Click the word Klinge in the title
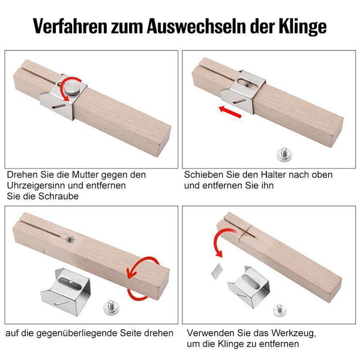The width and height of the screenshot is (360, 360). coord(302,26)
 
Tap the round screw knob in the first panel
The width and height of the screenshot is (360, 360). coord(72,88)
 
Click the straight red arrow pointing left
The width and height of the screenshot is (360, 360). coord(230,112)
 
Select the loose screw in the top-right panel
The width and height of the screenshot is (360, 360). coord(284,155)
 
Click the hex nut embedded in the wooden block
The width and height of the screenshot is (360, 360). coord(70,239)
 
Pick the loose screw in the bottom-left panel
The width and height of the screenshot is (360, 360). coord(112,307)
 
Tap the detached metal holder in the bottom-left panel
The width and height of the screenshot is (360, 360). coord(65,292)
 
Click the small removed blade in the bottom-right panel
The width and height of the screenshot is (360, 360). coord(217,271)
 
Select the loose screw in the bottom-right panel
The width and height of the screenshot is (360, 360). coord(280,310)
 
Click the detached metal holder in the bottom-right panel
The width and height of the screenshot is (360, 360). coord(249,287)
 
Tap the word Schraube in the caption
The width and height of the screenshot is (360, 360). coord(59,196)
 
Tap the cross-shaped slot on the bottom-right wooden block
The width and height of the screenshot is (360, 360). coord(247,232)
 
